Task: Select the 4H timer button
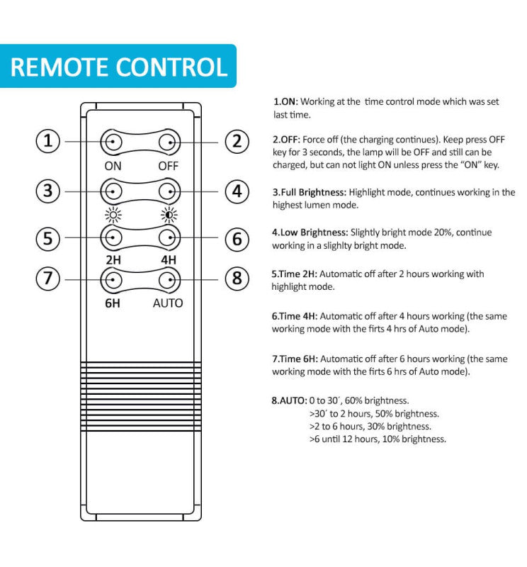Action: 168,237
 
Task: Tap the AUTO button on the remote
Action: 168,280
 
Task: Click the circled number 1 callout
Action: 48,142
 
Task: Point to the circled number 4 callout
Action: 237,190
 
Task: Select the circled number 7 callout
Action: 48,279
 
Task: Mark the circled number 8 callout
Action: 237,279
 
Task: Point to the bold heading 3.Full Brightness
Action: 310,192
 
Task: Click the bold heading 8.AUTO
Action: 289,400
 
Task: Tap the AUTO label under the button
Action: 168,303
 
